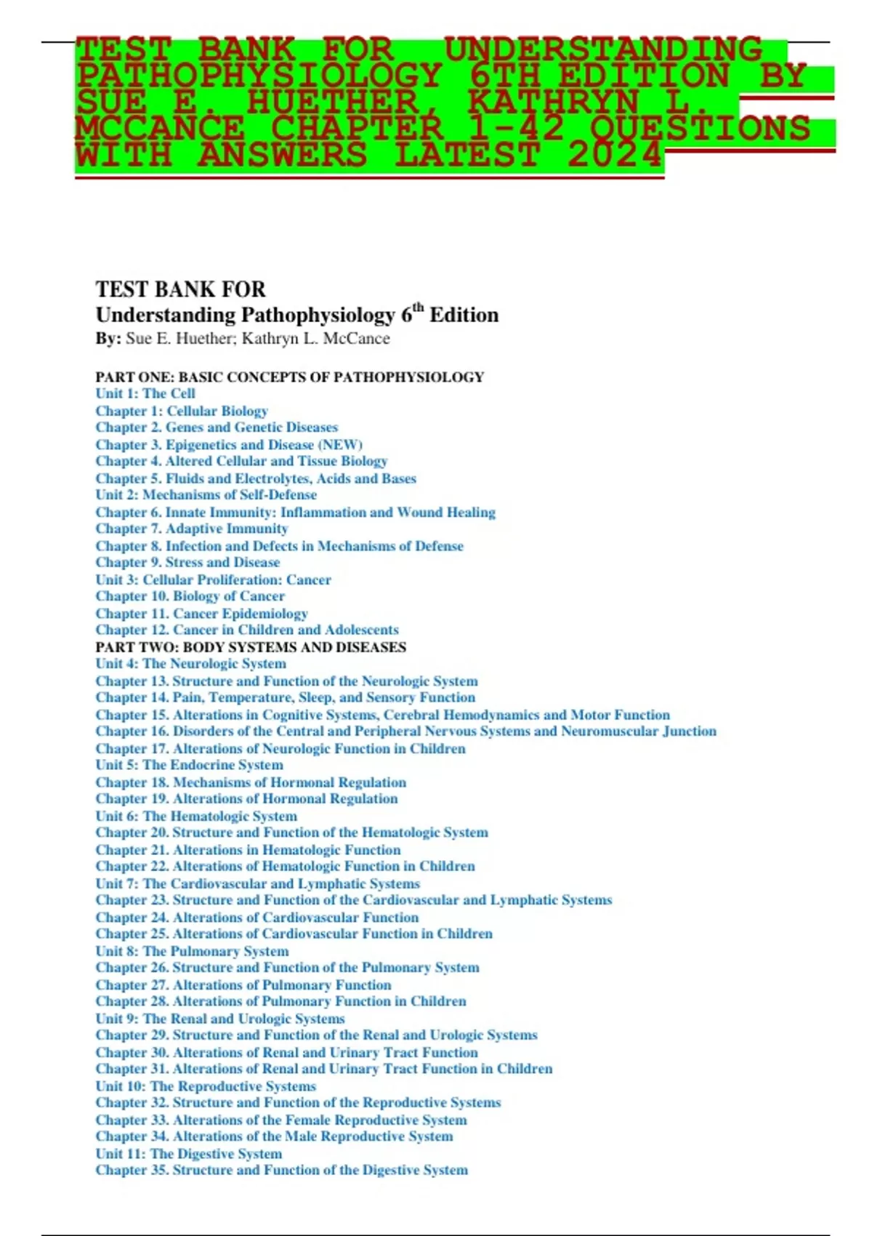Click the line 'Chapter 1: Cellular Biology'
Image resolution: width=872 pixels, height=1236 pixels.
pyautogui.click(x=182, y=411)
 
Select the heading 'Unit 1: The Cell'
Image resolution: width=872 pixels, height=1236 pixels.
pyautogui.click(x=145, y=393)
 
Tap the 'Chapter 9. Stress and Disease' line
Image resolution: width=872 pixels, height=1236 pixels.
pyautogui.click(x=187, y=562)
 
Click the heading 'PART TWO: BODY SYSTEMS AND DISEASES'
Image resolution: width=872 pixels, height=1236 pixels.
pyautogui.click(x=251, y=647)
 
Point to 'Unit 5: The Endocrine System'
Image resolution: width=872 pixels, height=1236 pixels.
pyautogui.click(x=189, y=765)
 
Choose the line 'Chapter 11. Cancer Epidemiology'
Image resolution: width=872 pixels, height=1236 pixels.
pyautogui.click(x=201, y=613)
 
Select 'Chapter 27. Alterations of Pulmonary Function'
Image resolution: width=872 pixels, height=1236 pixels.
pyautogui.click(x=243, y=984)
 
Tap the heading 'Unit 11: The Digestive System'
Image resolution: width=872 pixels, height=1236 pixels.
pyautogui.click(x=188, y=1153)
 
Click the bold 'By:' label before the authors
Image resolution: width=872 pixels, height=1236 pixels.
pyautogui.click(x=108, y=339)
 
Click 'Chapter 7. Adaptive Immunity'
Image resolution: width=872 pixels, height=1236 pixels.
pyautogui.click(x=192, y=529)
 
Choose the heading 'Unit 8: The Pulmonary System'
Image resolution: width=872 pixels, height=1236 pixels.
pyautogui.click(x=192, y=951)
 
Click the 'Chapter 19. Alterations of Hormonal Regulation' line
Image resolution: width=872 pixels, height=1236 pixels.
pyautogui.click(x=246, y=798)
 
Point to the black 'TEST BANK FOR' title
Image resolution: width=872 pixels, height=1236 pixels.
pyautogui.click(x=181, y=289)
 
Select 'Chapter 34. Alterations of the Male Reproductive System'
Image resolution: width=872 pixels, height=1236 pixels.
pyautogui.click(x=274, y=1136)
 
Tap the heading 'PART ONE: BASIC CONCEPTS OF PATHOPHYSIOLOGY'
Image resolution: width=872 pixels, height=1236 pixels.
pyautogui.click(x=289, y=377)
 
